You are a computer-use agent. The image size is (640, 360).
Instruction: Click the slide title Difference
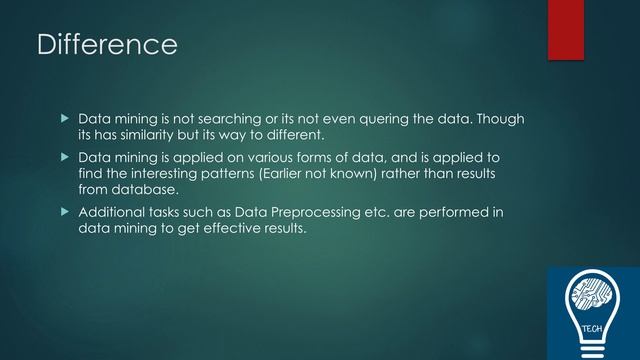[106, 45]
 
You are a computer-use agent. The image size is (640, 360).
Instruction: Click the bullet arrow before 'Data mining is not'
[66, 119]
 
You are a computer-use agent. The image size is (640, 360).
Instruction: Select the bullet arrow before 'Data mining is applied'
[66, 157]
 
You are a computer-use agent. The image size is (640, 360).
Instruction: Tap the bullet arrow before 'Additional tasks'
[66, 212]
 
